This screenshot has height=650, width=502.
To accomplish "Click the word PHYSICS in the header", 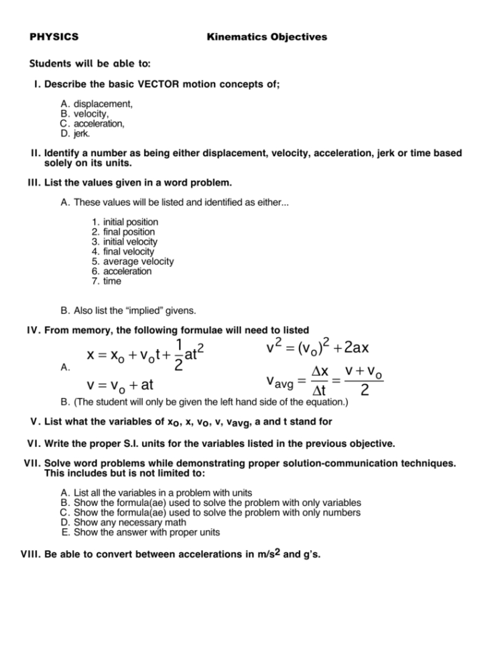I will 54,37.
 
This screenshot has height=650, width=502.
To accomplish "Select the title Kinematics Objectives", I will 267,37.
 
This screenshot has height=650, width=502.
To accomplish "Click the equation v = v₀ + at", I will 115,387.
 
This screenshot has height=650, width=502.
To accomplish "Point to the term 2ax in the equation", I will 363,348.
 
